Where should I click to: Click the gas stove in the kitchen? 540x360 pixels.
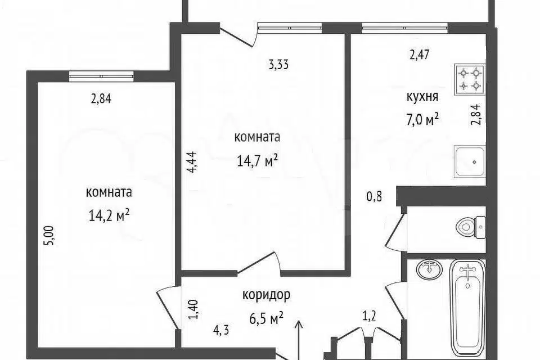pyautogui.click(x=470, y=79)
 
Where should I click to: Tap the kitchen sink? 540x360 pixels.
pyautogui.click(x=470, y=161)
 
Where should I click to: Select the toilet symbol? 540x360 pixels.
pyautogui.click(x=471, y=227)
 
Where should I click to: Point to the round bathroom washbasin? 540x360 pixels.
pyautogui.click(x=429, y=269)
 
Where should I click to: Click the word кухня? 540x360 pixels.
pyautogui.click(x=422, y=97)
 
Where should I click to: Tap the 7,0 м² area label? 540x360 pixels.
pyautogui.click(x=422, y=121)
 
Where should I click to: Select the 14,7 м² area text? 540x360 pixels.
pyautogui.click(x=257, y=160)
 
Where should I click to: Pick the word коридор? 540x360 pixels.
pyautogui.click(x=266, y=295)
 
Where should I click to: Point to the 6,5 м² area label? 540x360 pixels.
pyautogui.click(x=266, y=318)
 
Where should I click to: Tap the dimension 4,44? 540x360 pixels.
pyautogui.click(x=191, y=161)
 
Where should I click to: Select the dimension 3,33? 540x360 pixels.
pyautogui.click(x=278, y=65)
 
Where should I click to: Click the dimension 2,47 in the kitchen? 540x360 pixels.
pyautogui.click(x=420, y=55)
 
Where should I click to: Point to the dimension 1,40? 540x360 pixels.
pyautogui.click(x=194, y=309)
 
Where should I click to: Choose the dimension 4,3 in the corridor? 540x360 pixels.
pyautogui.click(x=221, y=331)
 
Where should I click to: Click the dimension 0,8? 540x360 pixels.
pyautogui.click(x=374, y=197)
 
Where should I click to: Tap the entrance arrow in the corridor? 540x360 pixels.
pyautogui.click(x=299, y=340)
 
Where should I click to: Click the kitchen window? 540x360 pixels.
pyautogui.click(x=405, y=28)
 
